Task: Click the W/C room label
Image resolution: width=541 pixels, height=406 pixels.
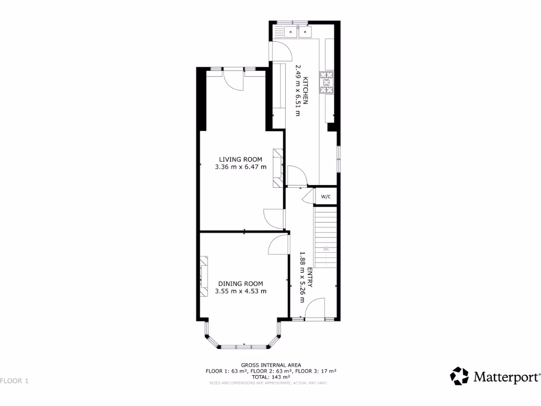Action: click(x=325, y=197)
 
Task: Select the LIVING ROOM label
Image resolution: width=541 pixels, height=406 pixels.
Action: click(x=241, y=159)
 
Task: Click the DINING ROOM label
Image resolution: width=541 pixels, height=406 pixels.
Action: click(x=240, y=283)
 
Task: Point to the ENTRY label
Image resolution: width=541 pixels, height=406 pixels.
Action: click(x=310, y=277)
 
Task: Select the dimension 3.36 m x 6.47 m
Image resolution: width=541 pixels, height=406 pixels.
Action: click(x=241, y=167)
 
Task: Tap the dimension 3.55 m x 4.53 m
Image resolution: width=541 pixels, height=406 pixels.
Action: click(x=241, y=291)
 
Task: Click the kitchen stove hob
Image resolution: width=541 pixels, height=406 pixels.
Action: click(x=327, y=82)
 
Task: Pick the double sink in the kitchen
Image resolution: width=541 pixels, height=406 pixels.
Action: click(x=298, y=33)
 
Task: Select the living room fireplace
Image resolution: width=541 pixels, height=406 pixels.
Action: click(x=278, y=168)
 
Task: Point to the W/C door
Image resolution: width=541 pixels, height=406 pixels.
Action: click(x=307, y=197)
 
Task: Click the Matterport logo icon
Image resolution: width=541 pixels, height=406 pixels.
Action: click(x=459, y=376)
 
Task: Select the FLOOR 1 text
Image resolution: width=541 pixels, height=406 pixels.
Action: click(x=14, y=381)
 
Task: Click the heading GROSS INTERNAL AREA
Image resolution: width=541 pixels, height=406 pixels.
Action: click(x=270, y=365)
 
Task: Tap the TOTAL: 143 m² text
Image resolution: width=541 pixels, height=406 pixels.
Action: click(x=270, y=377)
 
